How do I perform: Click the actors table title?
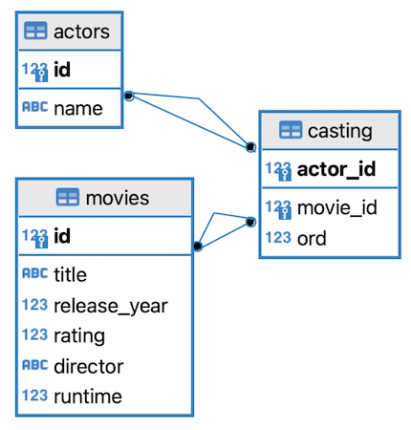point(81,32)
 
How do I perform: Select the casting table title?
point(340,131)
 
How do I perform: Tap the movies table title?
point(118,198)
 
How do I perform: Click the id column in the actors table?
point(62,70)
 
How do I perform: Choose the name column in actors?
point(78,109)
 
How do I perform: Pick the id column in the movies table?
point(62,236)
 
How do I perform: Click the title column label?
point(70,274)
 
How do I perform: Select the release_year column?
point(111,307)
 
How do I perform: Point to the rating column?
point(79,336)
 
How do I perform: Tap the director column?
point(89,366)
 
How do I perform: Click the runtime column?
point(88,397)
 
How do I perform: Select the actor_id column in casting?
point(336,169)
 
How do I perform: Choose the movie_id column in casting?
point(337,207)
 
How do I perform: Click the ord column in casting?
point(312,238)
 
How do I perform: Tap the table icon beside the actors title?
point(35,31)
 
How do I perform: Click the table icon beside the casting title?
point(291,130)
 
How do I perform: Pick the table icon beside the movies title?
point(68,197)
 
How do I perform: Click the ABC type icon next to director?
point(35,365)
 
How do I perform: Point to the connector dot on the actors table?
point(129,96)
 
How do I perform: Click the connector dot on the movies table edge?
point(198,246)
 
